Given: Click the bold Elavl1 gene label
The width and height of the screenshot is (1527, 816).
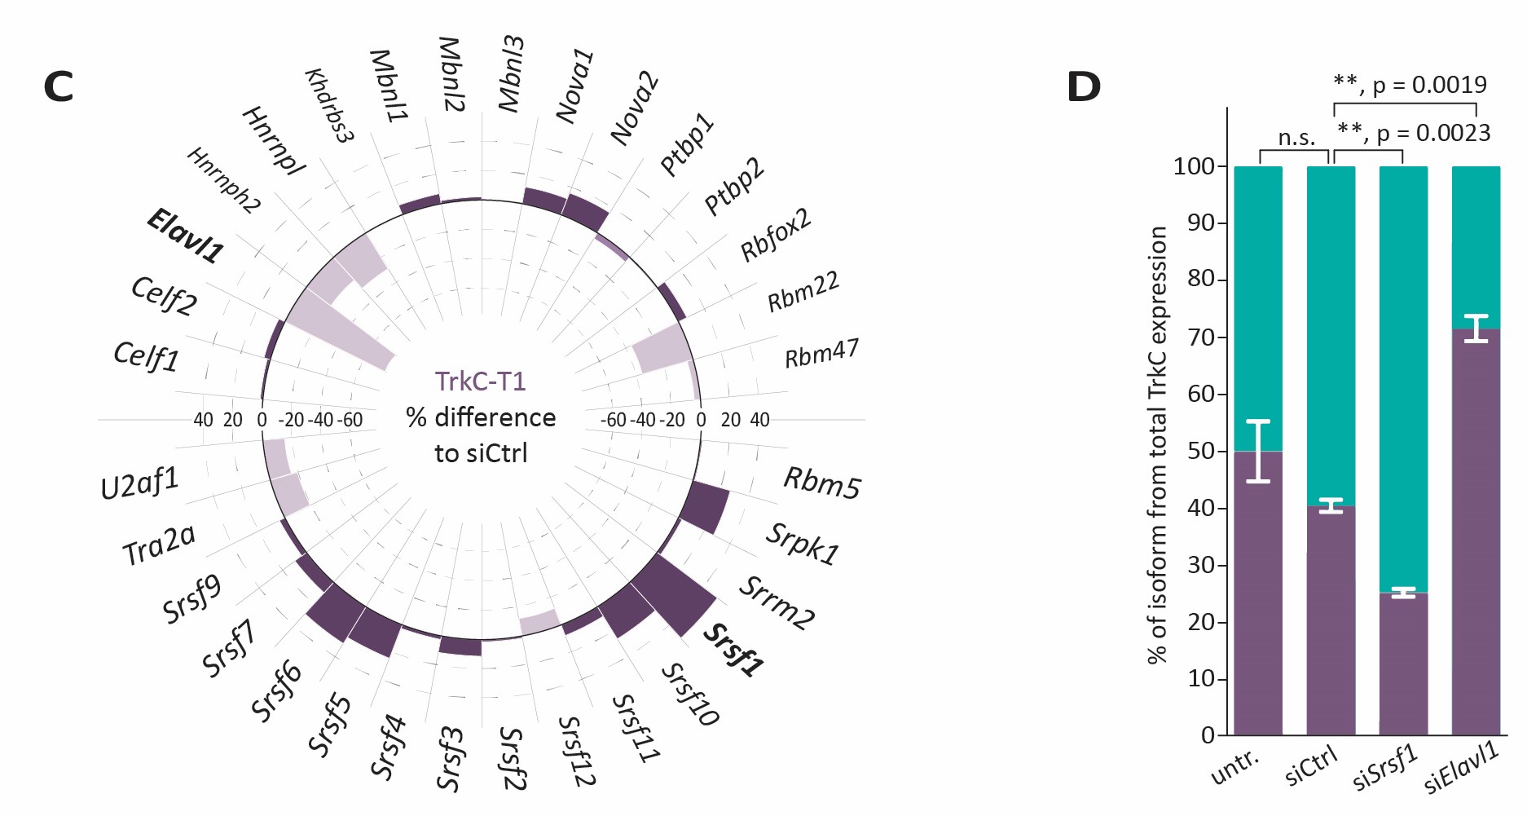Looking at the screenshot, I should click(x=185, y=236).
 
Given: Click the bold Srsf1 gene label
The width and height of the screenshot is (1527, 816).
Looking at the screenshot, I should click(x=734, y=651).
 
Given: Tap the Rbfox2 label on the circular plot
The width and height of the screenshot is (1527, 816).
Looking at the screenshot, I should click(x=776, y=235).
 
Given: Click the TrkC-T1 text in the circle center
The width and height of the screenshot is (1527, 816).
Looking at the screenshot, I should click(x=480, y=381).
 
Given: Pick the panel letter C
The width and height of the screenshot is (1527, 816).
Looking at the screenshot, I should click(x=58, y=87).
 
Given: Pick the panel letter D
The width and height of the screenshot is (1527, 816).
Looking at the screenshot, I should click(x=1083, y=87).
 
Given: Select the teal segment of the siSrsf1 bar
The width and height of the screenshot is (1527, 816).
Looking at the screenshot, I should click(x=1403, y=375).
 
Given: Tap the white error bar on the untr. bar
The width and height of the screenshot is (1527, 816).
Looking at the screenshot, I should click(x=1258, y=451).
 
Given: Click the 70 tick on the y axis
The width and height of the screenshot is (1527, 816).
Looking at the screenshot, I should click(x=1201, y=337).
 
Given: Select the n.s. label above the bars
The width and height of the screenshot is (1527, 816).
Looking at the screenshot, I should click(x=1296, y=138).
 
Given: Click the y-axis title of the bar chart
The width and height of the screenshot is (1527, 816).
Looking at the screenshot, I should click(x=1157, y=444).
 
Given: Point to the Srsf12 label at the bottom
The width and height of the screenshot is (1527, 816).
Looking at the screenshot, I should click(x=576, y=751).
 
